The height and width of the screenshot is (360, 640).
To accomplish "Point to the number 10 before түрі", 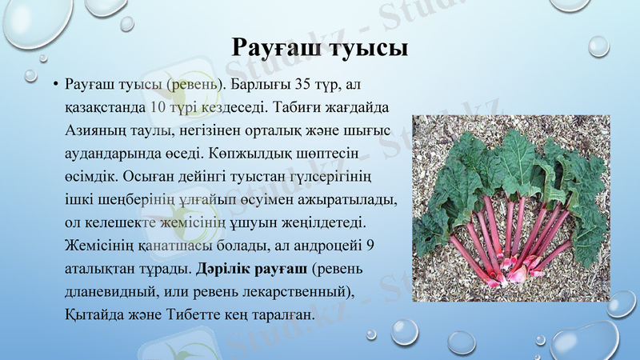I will pyautogui.click(x=158, y=106).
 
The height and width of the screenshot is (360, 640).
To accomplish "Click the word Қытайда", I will pyautogui.click(x=94, y=313).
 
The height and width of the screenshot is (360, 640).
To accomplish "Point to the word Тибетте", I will pyautogui.click(x=201, y=313).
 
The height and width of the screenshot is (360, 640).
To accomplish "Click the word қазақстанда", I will pyautogui.click(x=105, y=106).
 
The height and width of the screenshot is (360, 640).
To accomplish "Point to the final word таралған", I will pyautogui.click(x=281, y=313).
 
